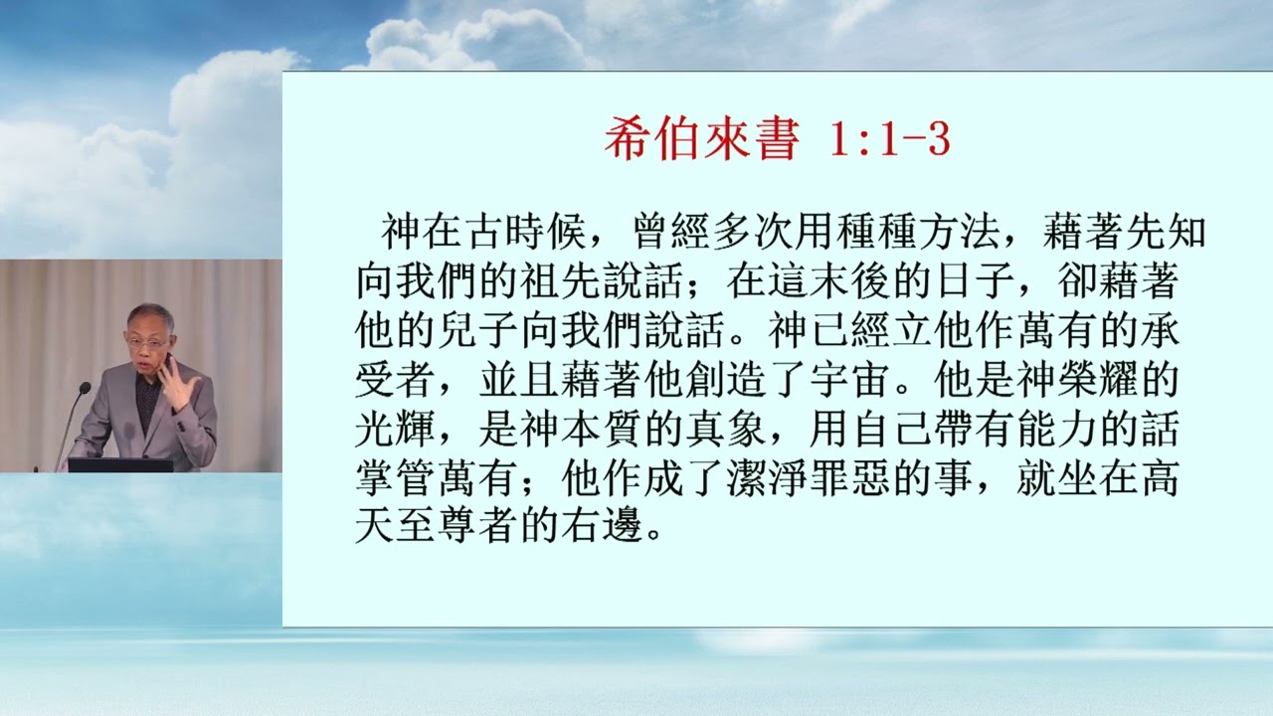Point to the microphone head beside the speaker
[x=85, y=388]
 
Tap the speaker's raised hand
[x=178, y=382]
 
